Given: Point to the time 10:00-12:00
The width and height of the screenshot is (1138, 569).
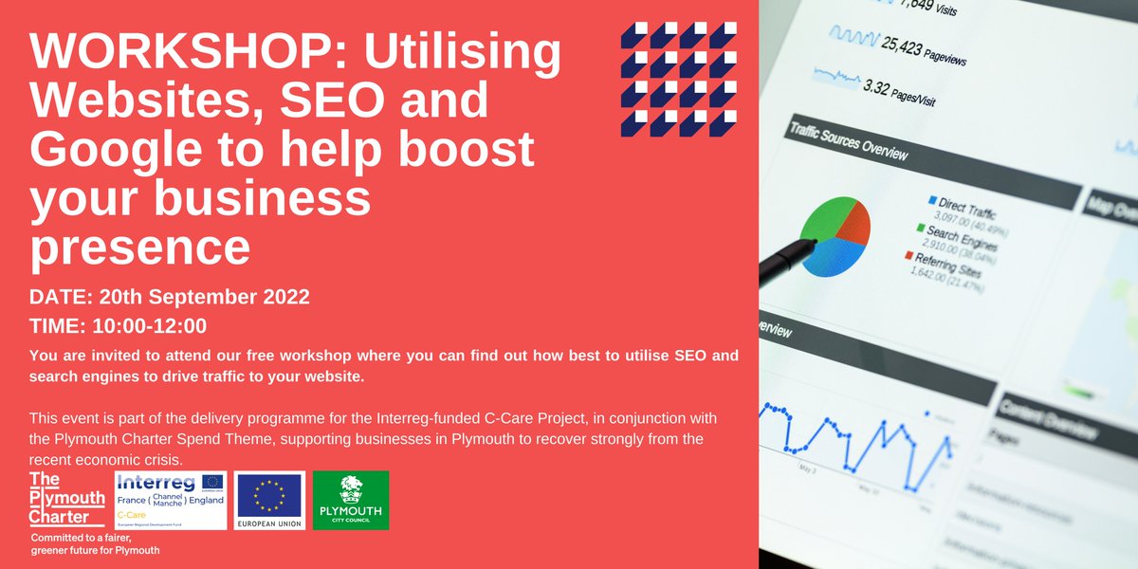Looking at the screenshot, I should (x=150, y=326).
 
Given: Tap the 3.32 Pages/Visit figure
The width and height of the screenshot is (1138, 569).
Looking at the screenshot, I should (x=896, y=94).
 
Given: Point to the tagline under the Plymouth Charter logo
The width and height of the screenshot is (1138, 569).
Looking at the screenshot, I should (x=94, y=544).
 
